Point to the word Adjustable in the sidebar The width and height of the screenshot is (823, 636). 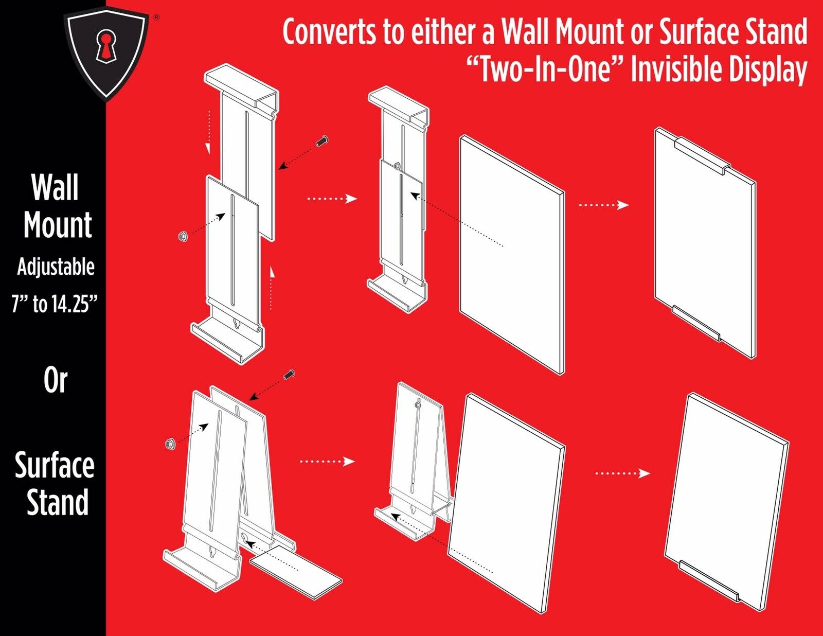pyautogui.click(x=56, y=267)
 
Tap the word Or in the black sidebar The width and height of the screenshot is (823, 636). pyautogui.click(x=55, y=381)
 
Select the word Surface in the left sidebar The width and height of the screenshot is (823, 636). pyautogui.click(x=55, y=465)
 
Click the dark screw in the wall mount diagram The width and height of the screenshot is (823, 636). pyautogui.click(x=323, y=140)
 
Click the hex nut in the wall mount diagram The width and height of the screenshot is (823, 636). pyautogui.click(x=182, y=236)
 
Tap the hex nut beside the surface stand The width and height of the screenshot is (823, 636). pyautogui.click(x=168, y=444)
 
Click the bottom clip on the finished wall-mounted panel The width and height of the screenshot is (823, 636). pyautogui.click(x=697, y=323)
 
